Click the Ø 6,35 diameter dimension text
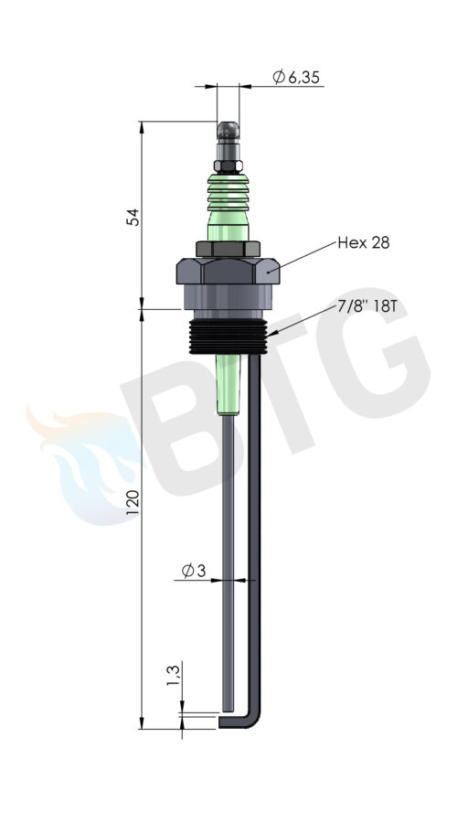coord(297,79)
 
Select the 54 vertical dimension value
coord(133,217)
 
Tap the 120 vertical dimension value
coord(133,501)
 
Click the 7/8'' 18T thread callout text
coord(367,305)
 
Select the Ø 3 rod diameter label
coord(195,572)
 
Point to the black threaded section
coord(228,336)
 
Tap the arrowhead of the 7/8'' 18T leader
coord(269,338)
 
